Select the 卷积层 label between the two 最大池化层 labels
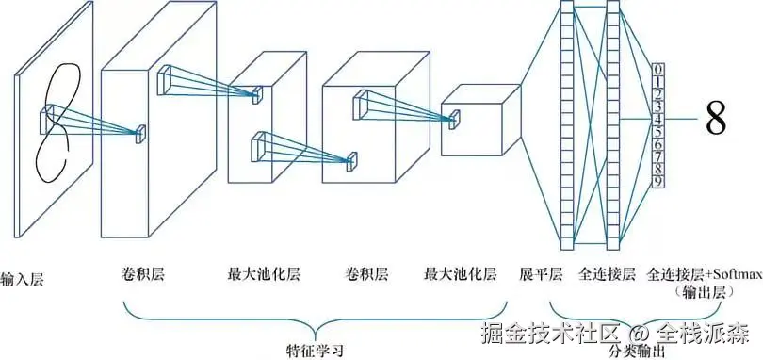tap(367, 275)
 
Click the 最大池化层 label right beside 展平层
tap(462, 275)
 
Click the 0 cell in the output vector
tap(658, 70)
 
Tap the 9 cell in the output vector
tap(658, 181)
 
